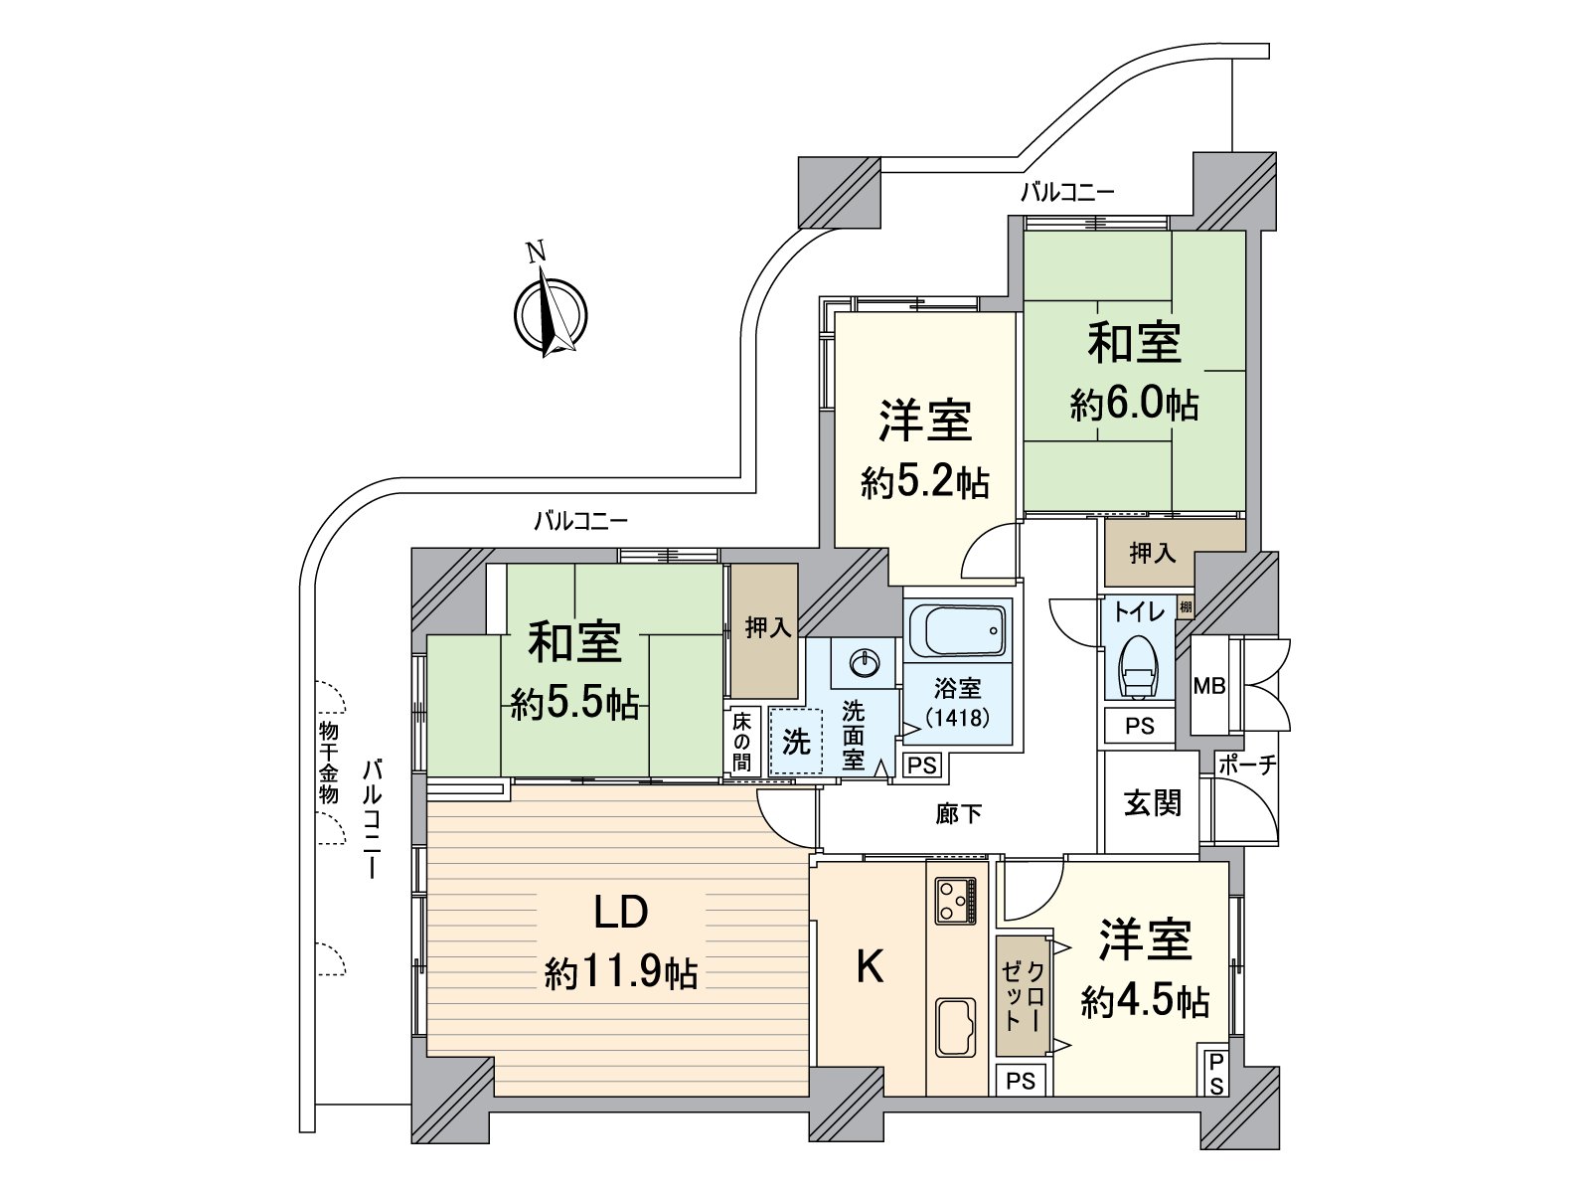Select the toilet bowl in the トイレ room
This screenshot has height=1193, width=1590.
pos(1137,669)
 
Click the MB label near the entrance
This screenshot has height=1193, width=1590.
pos(1209,686)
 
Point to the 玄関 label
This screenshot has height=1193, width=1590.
pos(1152,803)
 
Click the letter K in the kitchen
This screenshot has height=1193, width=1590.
pos(870,965)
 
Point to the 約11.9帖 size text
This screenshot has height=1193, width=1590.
pos(620,973)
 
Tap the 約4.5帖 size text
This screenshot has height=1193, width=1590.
pos(1145,1002)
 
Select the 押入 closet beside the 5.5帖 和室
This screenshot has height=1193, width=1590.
pos(765,630)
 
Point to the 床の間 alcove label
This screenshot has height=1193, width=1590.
pos(742,742)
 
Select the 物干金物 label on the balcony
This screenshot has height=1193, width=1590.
pos(329,763)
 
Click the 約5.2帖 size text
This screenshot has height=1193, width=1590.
pos(924,484)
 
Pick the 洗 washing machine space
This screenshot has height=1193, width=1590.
pos(795,741)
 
